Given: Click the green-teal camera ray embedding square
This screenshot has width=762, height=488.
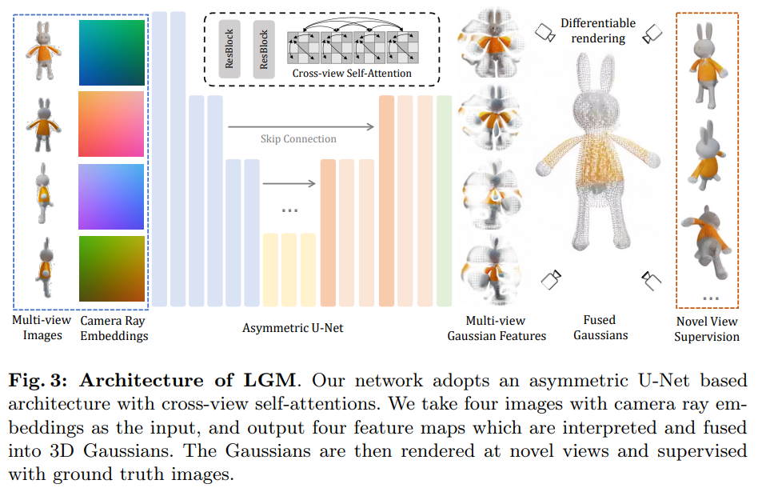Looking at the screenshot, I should pyautogui.click(x=112, y=51).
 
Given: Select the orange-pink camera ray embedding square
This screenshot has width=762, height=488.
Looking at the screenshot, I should pyautogui.click(x=112, y=123).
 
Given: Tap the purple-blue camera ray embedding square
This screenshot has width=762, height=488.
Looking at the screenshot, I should pyautogui.click(x=112, y=196).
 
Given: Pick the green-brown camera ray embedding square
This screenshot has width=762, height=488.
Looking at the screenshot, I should pyautogui.click(x=112, y=268).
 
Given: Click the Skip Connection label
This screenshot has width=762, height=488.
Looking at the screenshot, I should pyautogui.click(x=298, y=138).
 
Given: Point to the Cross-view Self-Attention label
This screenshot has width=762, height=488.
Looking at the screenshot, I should pyautogui.click(x=352, y=74).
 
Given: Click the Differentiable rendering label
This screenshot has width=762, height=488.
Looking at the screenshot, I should pyautogui.click(x=598, y=30).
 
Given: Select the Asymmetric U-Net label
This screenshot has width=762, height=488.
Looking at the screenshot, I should pyautogui.click(x=293, y=327).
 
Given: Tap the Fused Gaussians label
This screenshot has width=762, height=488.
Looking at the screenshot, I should pyautogui.click(x=600, y=328).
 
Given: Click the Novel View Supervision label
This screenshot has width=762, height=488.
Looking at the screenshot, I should pyautogui.click(x=706, y=329).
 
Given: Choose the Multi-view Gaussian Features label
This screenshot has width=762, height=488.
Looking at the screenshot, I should pyautogui.click(x=497, y=328).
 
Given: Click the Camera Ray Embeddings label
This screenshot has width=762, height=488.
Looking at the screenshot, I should pyautogui.click(x=114, y=328).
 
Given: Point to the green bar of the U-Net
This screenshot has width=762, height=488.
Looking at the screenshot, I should pyautogui.click(x=444, y=200).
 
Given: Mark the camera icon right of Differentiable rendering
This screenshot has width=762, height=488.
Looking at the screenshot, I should pyautogui.click(x=653, y=32).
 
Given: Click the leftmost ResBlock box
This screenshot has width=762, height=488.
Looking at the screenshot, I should pyautogui.click(x=230, y=50).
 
